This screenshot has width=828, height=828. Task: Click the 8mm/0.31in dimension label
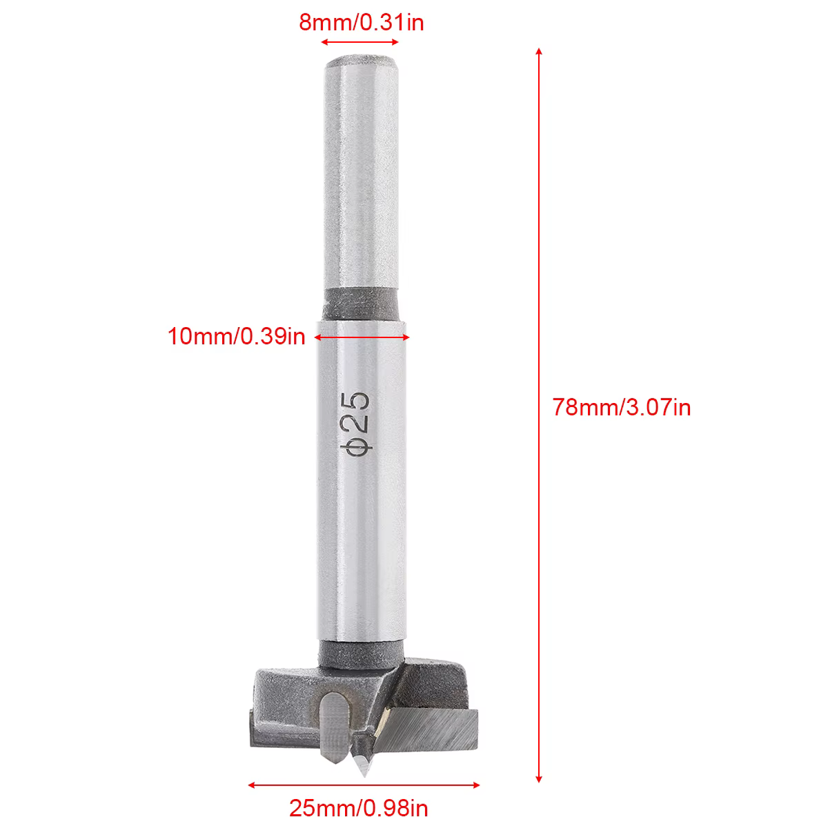coord(362,22)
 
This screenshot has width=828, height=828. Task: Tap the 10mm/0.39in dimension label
coord(237,337)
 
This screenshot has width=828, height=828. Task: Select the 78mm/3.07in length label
coord(621,407)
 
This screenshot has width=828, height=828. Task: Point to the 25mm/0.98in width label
coord(358,808)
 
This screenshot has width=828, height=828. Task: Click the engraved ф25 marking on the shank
coord(355,423)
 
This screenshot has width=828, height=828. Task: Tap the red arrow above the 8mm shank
coord(359,42)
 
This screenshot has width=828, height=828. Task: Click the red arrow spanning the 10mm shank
coord(362,337)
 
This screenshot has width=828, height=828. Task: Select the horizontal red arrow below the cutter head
coord(364,785)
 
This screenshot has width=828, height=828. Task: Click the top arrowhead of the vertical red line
coord(539,52)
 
